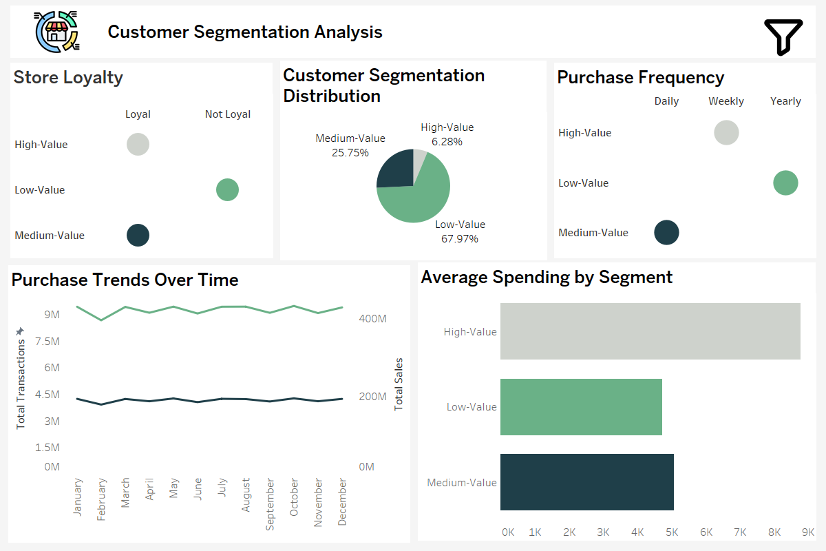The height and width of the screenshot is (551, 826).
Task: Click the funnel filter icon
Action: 783,37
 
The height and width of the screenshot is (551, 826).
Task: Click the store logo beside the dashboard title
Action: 56,32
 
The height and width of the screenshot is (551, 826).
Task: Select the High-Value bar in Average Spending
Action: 650,331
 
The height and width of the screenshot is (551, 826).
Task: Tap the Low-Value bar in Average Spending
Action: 581,406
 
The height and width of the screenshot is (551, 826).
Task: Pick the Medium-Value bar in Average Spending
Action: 586,481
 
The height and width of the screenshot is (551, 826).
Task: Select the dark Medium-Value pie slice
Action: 395,169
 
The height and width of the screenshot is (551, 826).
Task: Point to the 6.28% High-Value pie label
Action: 447,142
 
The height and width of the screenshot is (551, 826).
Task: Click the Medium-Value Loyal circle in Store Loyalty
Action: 138,236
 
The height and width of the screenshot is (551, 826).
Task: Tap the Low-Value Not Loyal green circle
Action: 227,189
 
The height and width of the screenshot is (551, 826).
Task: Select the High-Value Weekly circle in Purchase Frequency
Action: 726,132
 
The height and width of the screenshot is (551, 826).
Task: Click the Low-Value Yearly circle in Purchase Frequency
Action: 785,183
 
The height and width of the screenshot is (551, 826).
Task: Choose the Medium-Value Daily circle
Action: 666,233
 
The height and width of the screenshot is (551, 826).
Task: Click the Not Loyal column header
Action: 228,114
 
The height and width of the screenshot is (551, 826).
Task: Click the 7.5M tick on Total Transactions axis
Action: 47,342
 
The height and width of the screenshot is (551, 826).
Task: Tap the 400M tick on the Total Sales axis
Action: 372,318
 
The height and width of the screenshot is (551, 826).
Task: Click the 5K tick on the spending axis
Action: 672,532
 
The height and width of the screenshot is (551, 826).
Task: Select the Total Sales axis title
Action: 399,384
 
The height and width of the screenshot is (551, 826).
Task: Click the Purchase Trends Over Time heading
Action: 125,280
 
